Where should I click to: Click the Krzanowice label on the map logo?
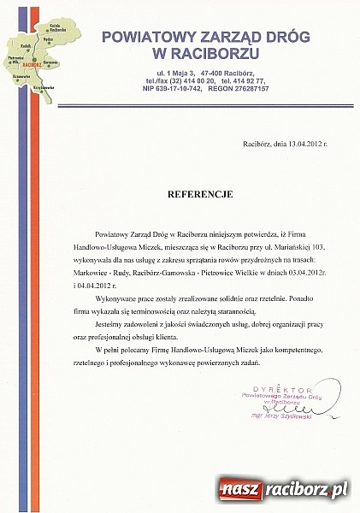coord(16,75)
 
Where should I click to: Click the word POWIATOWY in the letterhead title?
coord(146,37)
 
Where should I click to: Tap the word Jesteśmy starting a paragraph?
coord(121,326)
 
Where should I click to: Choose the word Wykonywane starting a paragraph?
coord(127,300)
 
